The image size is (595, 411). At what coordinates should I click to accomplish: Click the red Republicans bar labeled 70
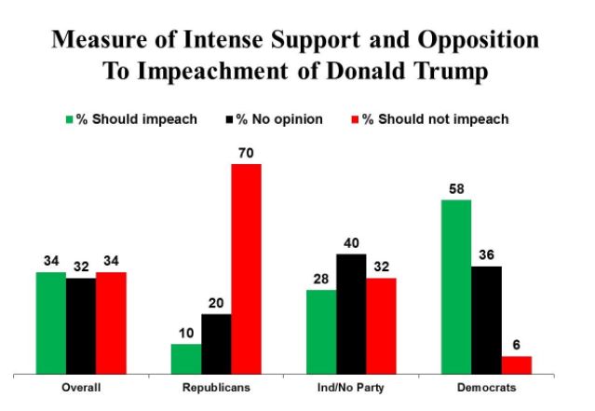(246, 269)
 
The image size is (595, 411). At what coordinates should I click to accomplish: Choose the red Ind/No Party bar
(381, 326)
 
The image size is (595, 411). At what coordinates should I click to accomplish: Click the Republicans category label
(216, 388)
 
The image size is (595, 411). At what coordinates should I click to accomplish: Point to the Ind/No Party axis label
(350, 388)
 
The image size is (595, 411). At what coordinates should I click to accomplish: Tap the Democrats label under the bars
(486, 388)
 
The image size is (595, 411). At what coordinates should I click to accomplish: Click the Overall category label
(81, 388)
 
